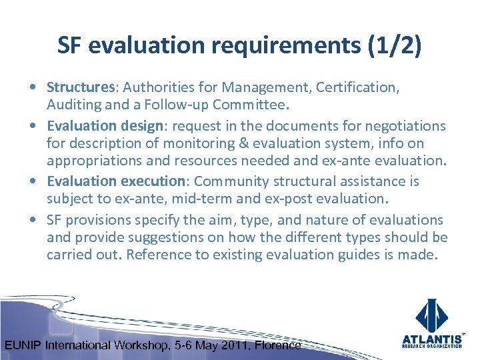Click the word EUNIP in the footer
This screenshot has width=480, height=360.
23,345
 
